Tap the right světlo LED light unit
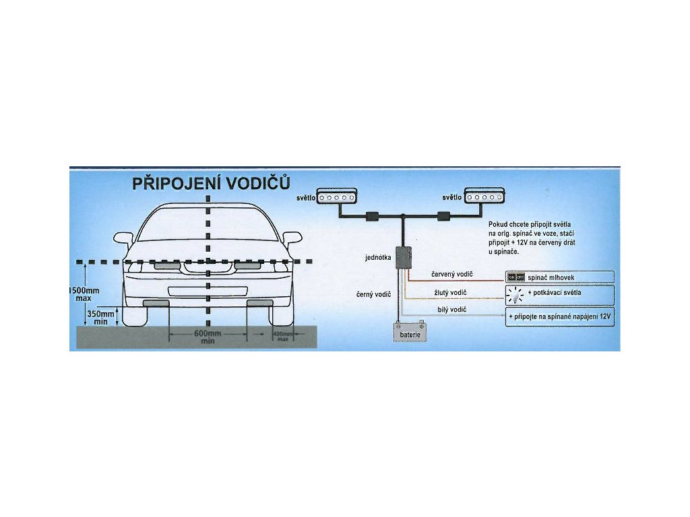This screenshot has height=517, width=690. coord(483,197)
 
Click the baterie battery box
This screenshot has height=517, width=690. coord(409,333)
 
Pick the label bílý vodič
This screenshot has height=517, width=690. coord(451,309)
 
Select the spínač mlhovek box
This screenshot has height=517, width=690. coord(559,277)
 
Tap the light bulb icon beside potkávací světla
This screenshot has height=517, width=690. coord(515,294)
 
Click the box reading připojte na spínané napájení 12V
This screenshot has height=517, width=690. coord(559,316)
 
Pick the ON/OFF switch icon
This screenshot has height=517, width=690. coord(515,277)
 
